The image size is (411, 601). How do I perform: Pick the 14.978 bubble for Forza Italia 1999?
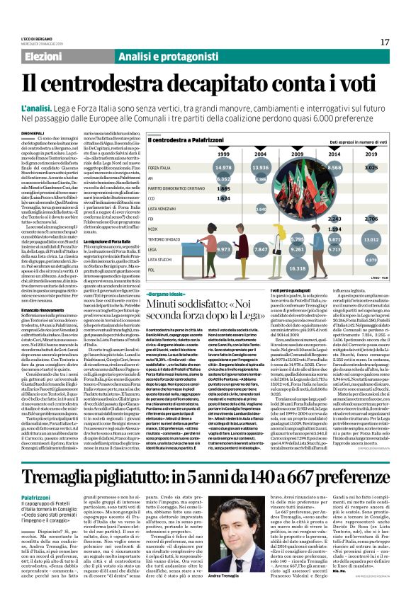pyautogui.click(x=203, y=167)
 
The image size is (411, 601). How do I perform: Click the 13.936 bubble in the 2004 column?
pyautogui.click(x=240, y=167)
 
